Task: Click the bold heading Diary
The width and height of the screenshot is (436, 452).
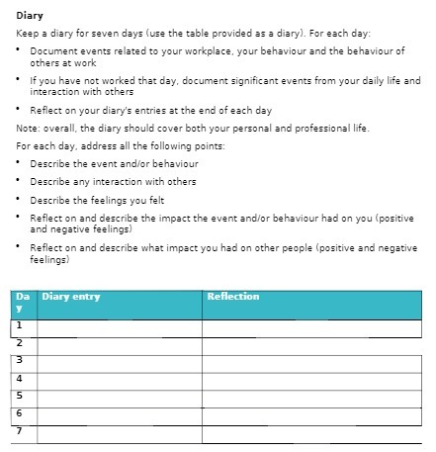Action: pyautogui.click(x=29, y=15)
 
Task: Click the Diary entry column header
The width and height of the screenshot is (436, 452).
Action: pyautogui.click(x=71, y=296)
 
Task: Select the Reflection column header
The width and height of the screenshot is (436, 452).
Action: pyautogui.click(x=233, y=296)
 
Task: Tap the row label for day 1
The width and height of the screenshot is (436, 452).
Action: pyautogui.click(x=20, y=324)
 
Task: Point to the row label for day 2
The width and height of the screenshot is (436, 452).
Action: pyautogui.click(x=20, y=342)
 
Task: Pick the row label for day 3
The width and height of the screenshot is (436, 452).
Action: pyautogui.click(x=20, y=359)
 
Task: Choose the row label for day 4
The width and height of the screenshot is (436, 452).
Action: pyautogui.click(x=20, y=377)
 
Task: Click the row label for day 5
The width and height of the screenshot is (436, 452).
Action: pyautogui.click(x=20, y=395)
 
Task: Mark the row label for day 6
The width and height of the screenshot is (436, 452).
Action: pyautogui.click(x=20, y=412)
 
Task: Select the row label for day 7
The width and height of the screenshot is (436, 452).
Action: pyautogui.click(x=20, y=430)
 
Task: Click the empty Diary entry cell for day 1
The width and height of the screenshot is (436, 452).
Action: pyautogui.click(x=119, y=325)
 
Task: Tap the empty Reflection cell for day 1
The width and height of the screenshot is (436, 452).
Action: pyautogui.click(x=311, y=325)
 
